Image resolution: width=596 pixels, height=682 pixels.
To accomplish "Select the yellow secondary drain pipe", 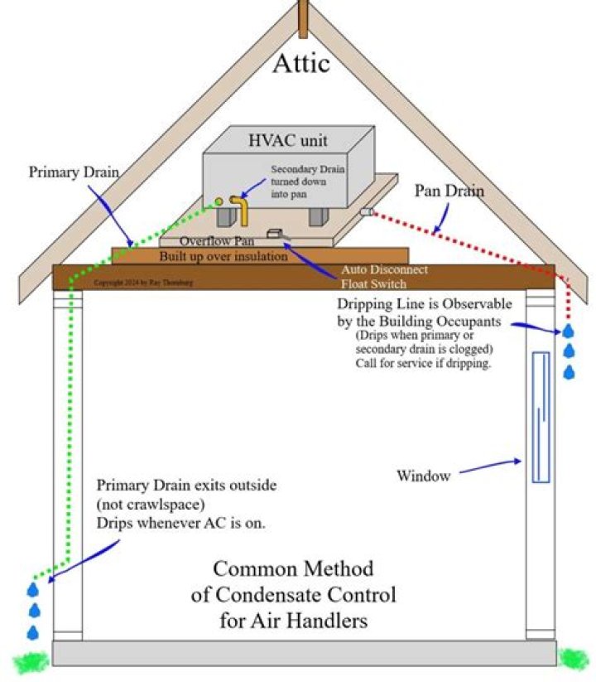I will (242, 210).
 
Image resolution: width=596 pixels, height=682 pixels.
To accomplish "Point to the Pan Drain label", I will (450, 191).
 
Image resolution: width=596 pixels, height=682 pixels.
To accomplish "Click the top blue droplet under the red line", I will (569, 331).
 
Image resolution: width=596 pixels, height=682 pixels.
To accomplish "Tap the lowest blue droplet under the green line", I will (33, 632).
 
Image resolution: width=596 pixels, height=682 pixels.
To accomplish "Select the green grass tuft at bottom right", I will (573, 660).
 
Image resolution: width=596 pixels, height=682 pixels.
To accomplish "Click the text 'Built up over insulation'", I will (223, 256).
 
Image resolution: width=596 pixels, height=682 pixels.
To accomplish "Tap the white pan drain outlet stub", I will (364, 212).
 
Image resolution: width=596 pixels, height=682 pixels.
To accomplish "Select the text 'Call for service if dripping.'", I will (424, 363).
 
